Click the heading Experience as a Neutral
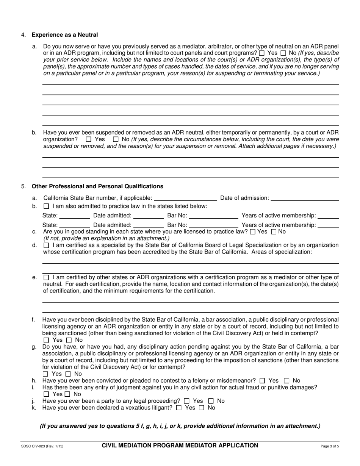pos(64,35)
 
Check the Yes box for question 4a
pos(261,53)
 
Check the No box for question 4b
pos(116,140)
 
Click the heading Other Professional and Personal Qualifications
pos(97,186)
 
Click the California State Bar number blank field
pos(185,198)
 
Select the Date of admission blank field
pos(305,198)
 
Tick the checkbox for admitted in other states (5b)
pos(46,206)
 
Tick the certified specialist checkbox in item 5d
pos(46,246)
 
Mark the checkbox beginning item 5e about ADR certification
pos(46,277)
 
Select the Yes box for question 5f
pos(46,340)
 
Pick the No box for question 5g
pos(69,374)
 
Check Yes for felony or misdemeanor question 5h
pos(261,381)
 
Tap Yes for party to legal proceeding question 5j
pos(186,401)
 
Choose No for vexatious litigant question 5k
pos(202,408)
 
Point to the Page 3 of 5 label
pos(330,446)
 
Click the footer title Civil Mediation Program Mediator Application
pos(180,446)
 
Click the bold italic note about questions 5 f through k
pos(180,426)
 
